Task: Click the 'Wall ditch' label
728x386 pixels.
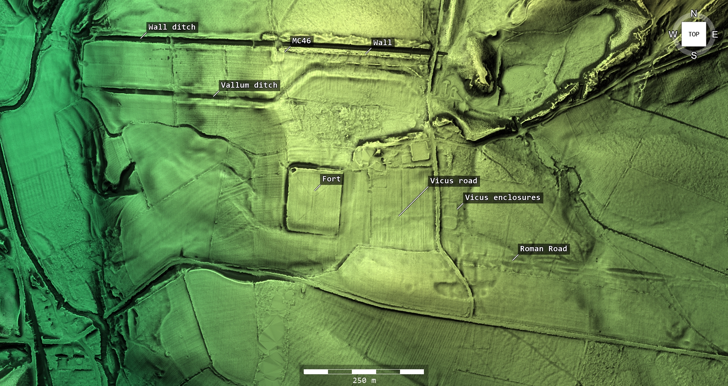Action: pyautogui.click(x=172, y=27)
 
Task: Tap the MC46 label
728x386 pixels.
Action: pyautogui.click(x=301, y=41)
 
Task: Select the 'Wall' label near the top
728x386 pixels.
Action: pyautogui.click(x=382, y=43)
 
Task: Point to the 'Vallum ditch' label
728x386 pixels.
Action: pyautogui.click(x=249, y=85)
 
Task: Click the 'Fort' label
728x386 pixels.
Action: pyautogui.click(x=331, y=179)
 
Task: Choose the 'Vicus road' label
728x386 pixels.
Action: pyautogui.click(x=453, y=181)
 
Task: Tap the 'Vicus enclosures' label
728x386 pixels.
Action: pyautogui.click(x=502, y=198)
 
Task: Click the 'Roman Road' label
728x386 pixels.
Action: pyautogui.click(x=543, y=249)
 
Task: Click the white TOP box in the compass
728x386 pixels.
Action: pyautogui.click(x=693, y=34)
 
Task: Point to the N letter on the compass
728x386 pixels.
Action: pyautogui.click(x=694, y=14)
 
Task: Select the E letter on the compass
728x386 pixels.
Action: pyautogui.click(x=715, y=35)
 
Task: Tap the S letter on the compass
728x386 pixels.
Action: pyautogui.click(x=694, y=55)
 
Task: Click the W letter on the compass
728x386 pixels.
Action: pyautogui.click(x=673, y=35)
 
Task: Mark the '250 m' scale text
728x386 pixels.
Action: pyautogui.click(x=364, y=380)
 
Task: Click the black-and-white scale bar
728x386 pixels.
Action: pyautogui.click(x=364, y=372)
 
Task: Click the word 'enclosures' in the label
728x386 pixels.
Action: pyautogui.click(x=517, y=198)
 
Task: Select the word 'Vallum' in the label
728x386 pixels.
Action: pyautogui.click(x=235, y=85)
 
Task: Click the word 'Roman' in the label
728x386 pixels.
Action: pyautogui.click(x=532, y=249)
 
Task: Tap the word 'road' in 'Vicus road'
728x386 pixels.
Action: pyautogui.click(x=468, y=181)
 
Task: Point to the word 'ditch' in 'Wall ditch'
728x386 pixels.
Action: pyautogui.click(x=184, y=27)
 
